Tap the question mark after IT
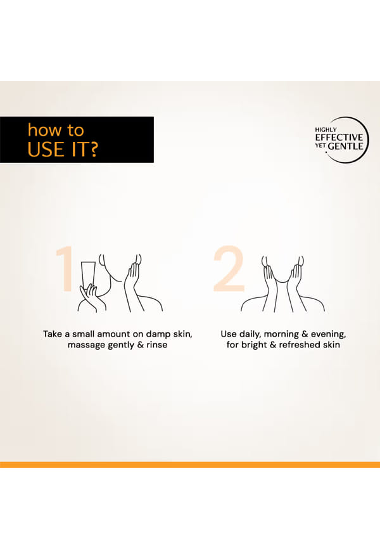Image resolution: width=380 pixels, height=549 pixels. point(92,149)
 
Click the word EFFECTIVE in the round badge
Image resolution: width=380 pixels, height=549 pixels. point(339,137)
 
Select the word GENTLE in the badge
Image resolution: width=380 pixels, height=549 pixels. point(346,146)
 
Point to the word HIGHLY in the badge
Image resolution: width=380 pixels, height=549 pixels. point(326,129)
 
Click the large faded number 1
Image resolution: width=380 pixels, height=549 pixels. point(65,268)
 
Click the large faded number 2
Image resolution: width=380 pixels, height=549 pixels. point(229,268)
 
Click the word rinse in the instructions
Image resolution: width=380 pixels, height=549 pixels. point(157,345)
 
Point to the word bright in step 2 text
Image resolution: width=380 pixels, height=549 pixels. point(254,346)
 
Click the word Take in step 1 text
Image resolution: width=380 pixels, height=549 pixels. point(53,334)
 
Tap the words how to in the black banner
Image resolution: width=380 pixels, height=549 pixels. point(56,130)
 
